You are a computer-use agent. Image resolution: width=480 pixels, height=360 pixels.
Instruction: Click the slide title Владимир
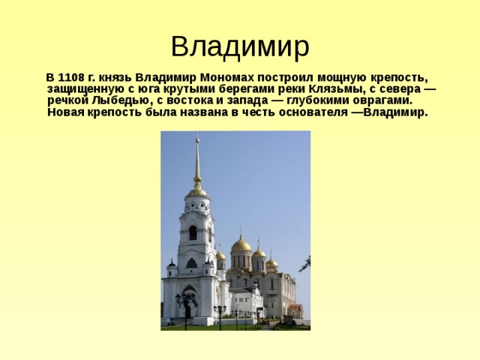click(239, 46)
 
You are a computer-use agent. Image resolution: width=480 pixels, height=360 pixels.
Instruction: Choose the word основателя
click(307, 112)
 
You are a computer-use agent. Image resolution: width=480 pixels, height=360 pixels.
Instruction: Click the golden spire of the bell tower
click(197, 161)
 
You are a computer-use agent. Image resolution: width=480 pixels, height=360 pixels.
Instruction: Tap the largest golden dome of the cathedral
click(241, 244)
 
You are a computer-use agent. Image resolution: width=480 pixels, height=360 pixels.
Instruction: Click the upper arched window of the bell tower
click(193, 232)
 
